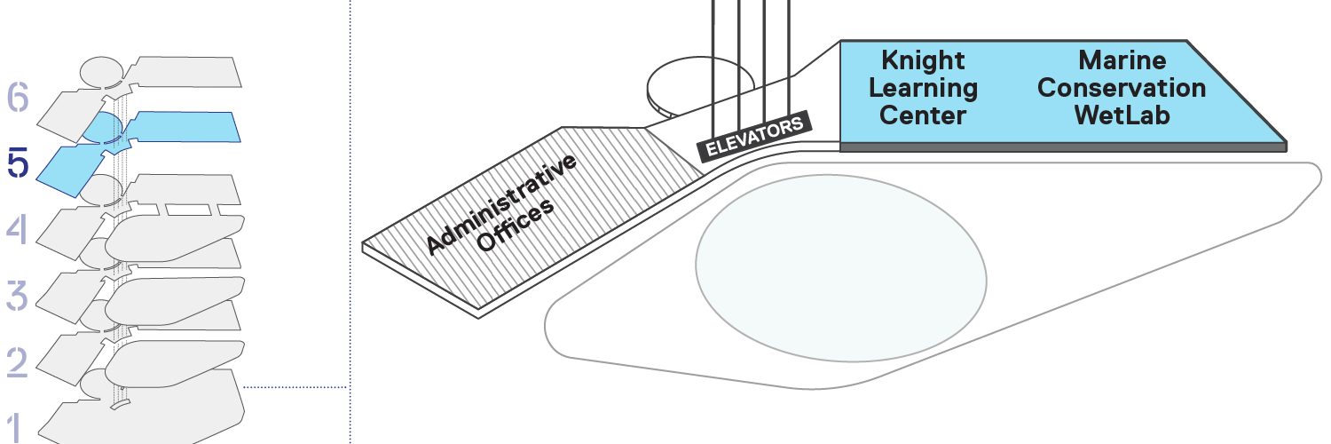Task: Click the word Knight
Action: pyautogui.click(x=923, y=61)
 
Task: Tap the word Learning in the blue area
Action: pyautogui.click(x=923, y=89)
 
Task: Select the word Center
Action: pyautogui.click(x=923, y=115)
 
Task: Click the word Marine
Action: pyautogui.click(x=1122, y=60)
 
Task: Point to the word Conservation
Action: pyautogui.click(x=1122, y=88)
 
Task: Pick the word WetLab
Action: pyautogui.click(x=1122, y=115)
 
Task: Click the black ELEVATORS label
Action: pyautogui.click(x=754, y=136)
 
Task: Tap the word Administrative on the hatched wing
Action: pyautogui.click(x=501, y=204)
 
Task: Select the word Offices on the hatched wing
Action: pyautogui.click(x=516, y=226)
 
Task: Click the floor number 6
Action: pyautogui.click(x=18, y=98)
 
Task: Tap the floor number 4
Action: pyautogui.click(x=17, y=229)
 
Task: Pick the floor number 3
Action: pyautogui.click(x=17, y=296)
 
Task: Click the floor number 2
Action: pyautogui.click(x=17, y=361)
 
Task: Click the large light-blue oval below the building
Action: pyautogui.click(x=841, y=268)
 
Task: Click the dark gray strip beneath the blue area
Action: pyautogui.click(x=1063, y=147)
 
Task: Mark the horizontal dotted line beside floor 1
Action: pyautogui.click(x=295, y=387)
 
